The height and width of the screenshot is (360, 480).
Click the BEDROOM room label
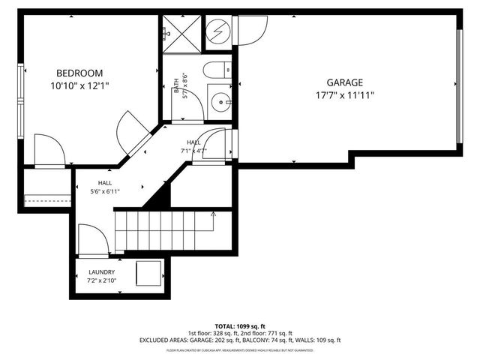79,72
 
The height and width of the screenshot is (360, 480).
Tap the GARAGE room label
344,82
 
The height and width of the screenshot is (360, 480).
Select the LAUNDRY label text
101,272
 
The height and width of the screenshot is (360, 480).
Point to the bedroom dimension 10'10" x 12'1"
79,85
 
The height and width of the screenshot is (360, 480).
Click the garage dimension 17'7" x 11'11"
344,95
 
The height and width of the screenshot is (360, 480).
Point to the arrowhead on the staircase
213,214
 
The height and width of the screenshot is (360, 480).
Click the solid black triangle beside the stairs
158,196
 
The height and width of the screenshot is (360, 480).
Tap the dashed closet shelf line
47,199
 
